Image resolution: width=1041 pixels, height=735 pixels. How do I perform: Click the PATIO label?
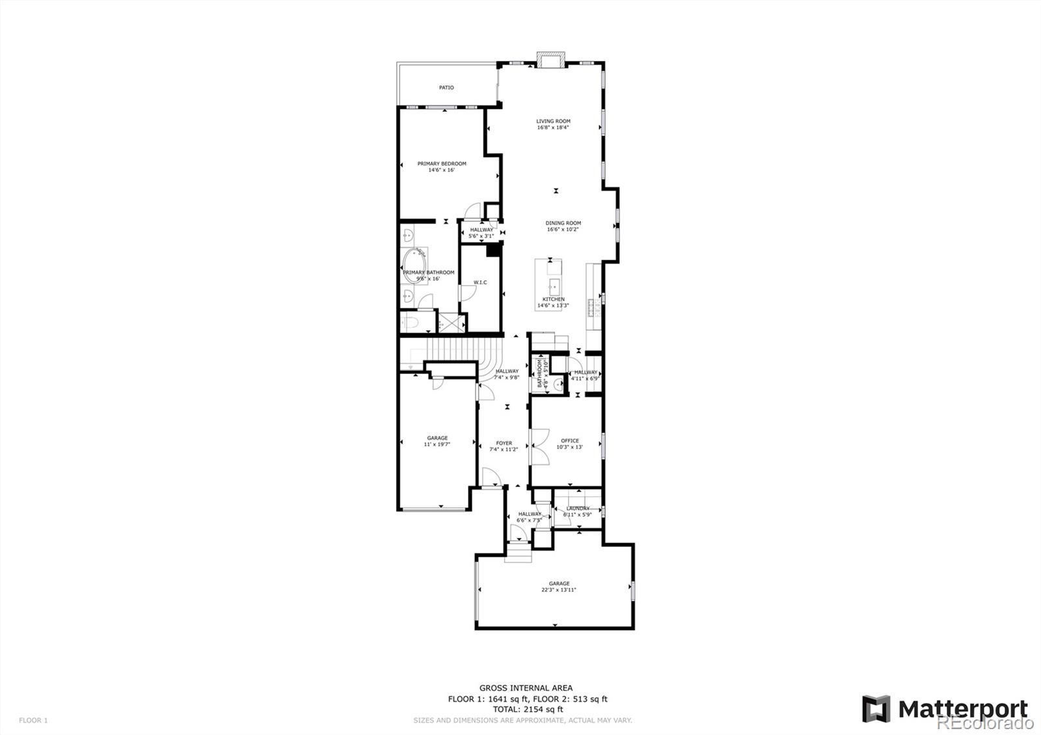tap(446, 87)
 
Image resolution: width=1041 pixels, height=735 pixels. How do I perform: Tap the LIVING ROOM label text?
tap(553, 121)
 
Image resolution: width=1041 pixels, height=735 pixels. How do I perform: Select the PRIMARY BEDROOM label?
tap(442, 163)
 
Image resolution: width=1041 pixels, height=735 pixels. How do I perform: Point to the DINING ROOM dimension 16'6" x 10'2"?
tap(563, 229)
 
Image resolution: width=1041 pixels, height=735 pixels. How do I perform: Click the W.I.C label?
tap(480, 282)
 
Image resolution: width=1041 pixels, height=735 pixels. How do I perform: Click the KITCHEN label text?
tap(553, 299)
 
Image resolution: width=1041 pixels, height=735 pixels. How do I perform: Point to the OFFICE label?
tap(569, 440)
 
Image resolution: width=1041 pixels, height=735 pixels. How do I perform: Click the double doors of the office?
tap(539, 446)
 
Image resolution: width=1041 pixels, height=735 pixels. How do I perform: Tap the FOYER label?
tap(504, 443)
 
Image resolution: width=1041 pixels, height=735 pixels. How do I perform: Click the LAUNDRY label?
tap(578, 509)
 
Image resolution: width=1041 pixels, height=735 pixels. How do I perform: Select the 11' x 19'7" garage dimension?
tap(437, 444)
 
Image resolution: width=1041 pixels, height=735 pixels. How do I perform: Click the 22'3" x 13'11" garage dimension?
tap(559, 590)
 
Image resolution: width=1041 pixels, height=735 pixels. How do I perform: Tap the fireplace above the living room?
tap(551, 60)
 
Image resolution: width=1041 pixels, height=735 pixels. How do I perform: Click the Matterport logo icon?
tap(876, 709)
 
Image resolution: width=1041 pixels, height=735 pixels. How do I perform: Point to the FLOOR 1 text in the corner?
tap(33, 720)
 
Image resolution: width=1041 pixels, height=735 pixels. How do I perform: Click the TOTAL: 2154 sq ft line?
tap(527, 710)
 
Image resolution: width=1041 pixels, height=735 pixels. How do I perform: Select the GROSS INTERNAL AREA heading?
tap(526, 688)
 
